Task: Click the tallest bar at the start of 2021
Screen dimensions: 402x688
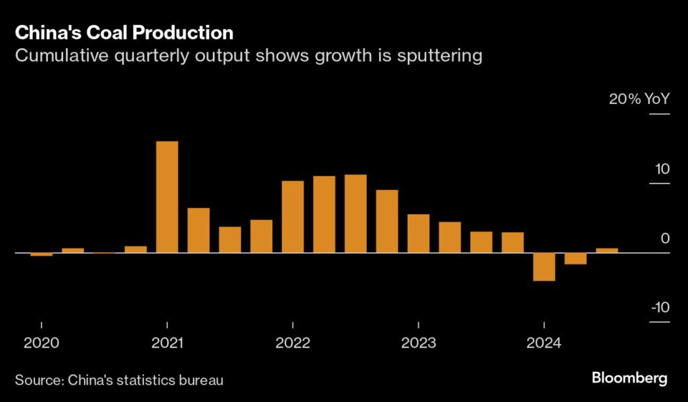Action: (x=167, y=197)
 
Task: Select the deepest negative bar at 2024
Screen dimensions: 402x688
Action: (x=544, y=266)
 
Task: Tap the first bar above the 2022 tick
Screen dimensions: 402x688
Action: (x=292, y=217)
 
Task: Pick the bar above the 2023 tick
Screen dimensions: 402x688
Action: (x=418, y=233)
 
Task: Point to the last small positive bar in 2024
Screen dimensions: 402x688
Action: (x=607, y=250)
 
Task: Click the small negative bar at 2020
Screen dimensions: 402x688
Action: (x=41, y=254)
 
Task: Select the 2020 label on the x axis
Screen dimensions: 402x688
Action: (x=41, y=344)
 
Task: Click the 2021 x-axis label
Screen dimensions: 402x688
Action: (x=167, y=344)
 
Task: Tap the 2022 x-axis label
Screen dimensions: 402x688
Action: (x=292, y=344)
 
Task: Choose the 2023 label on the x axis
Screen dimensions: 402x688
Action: (x=418, y=344)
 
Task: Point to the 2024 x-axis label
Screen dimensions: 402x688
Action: (x=544, y=344)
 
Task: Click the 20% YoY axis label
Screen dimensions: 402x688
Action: (x=639, y=99)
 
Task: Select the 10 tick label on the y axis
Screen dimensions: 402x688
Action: (x=662, y=168)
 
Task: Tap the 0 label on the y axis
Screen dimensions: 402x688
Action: (x=665, y=238)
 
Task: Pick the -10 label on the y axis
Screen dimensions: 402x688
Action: (x=660, y=307)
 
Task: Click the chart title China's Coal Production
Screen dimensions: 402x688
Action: (x=124, y=32)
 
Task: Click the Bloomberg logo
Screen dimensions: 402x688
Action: (x=630, y=378)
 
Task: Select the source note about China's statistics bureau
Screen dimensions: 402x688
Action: (x=119, y=380)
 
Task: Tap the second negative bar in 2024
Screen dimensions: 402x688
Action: (x=575, y=258)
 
